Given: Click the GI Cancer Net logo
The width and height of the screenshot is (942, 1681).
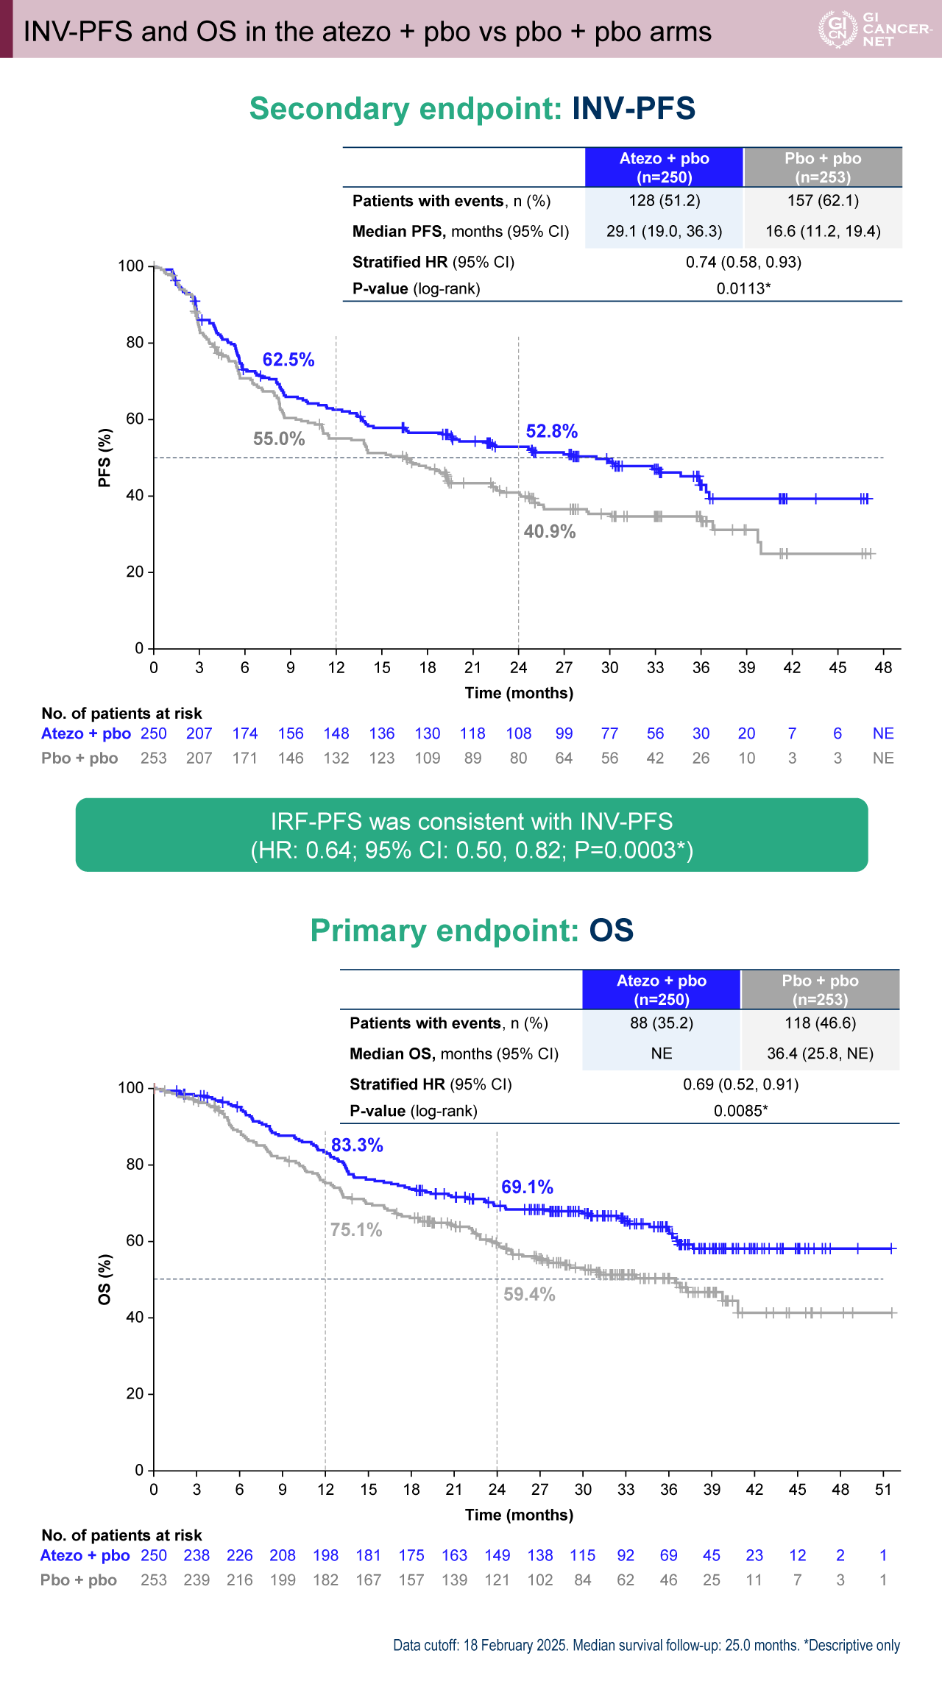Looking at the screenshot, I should (x=874, y=29).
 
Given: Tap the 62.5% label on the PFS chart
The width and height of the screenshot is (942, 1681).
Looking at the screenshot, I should (x=288, y=360).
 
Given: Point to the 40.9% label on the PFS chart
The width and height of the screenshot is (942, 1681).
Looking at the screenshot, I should (x=550, y=531).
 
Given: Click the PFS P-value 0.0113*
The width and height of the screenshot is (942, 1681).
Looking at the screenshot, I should (x=743, y=288).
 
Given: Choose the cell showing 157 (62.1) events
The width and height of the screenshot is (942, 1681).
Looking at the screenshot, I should (x=823, y=201).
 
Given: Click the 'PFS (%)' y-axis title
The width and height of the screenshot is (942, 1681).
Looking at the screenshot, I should (x=105, y=458).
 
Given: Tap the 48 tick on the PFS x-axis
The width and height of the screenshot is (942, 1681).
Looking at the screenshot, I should (x=883, y=667).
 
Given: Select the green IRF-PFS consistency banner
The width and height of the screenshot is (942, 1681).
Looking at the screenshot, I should (x=472, y=835).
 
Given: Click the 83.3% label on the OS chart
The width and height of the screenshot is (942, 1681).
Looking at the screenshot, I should (x=357, y=1145).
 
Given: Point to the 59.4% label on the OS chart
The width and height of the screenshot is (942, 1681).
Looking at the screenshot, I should (x=529, y=1294).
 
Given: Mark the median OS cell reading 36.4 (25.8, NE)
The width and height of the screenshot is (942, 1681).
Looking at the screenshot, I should (x=820, y=1053).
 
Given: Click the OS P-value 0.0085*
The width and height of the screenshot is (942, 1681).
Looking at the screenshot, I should (x=740, y=1111).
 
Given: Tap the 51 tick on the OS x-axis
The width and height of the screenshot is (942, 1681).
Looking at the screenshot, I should (x=883, y=1489).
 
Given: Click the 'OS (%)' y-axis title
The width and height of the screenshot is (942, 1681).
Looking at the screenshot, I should (x=105, y=1279).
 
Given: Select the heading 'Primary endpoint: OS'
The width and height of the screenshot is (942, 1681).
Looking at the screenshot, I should (x=472, y=931).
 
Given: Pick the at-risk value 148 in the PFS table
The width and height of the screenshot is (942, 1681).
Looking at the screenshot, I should (x=336, y=733).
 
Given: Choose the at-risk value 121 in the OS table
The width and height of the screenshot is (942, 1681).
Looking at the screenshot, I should (x=497, y=1580).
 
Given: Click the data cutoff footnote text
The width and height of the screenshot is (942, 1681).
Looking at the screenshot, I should (x=646, y=1645).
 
